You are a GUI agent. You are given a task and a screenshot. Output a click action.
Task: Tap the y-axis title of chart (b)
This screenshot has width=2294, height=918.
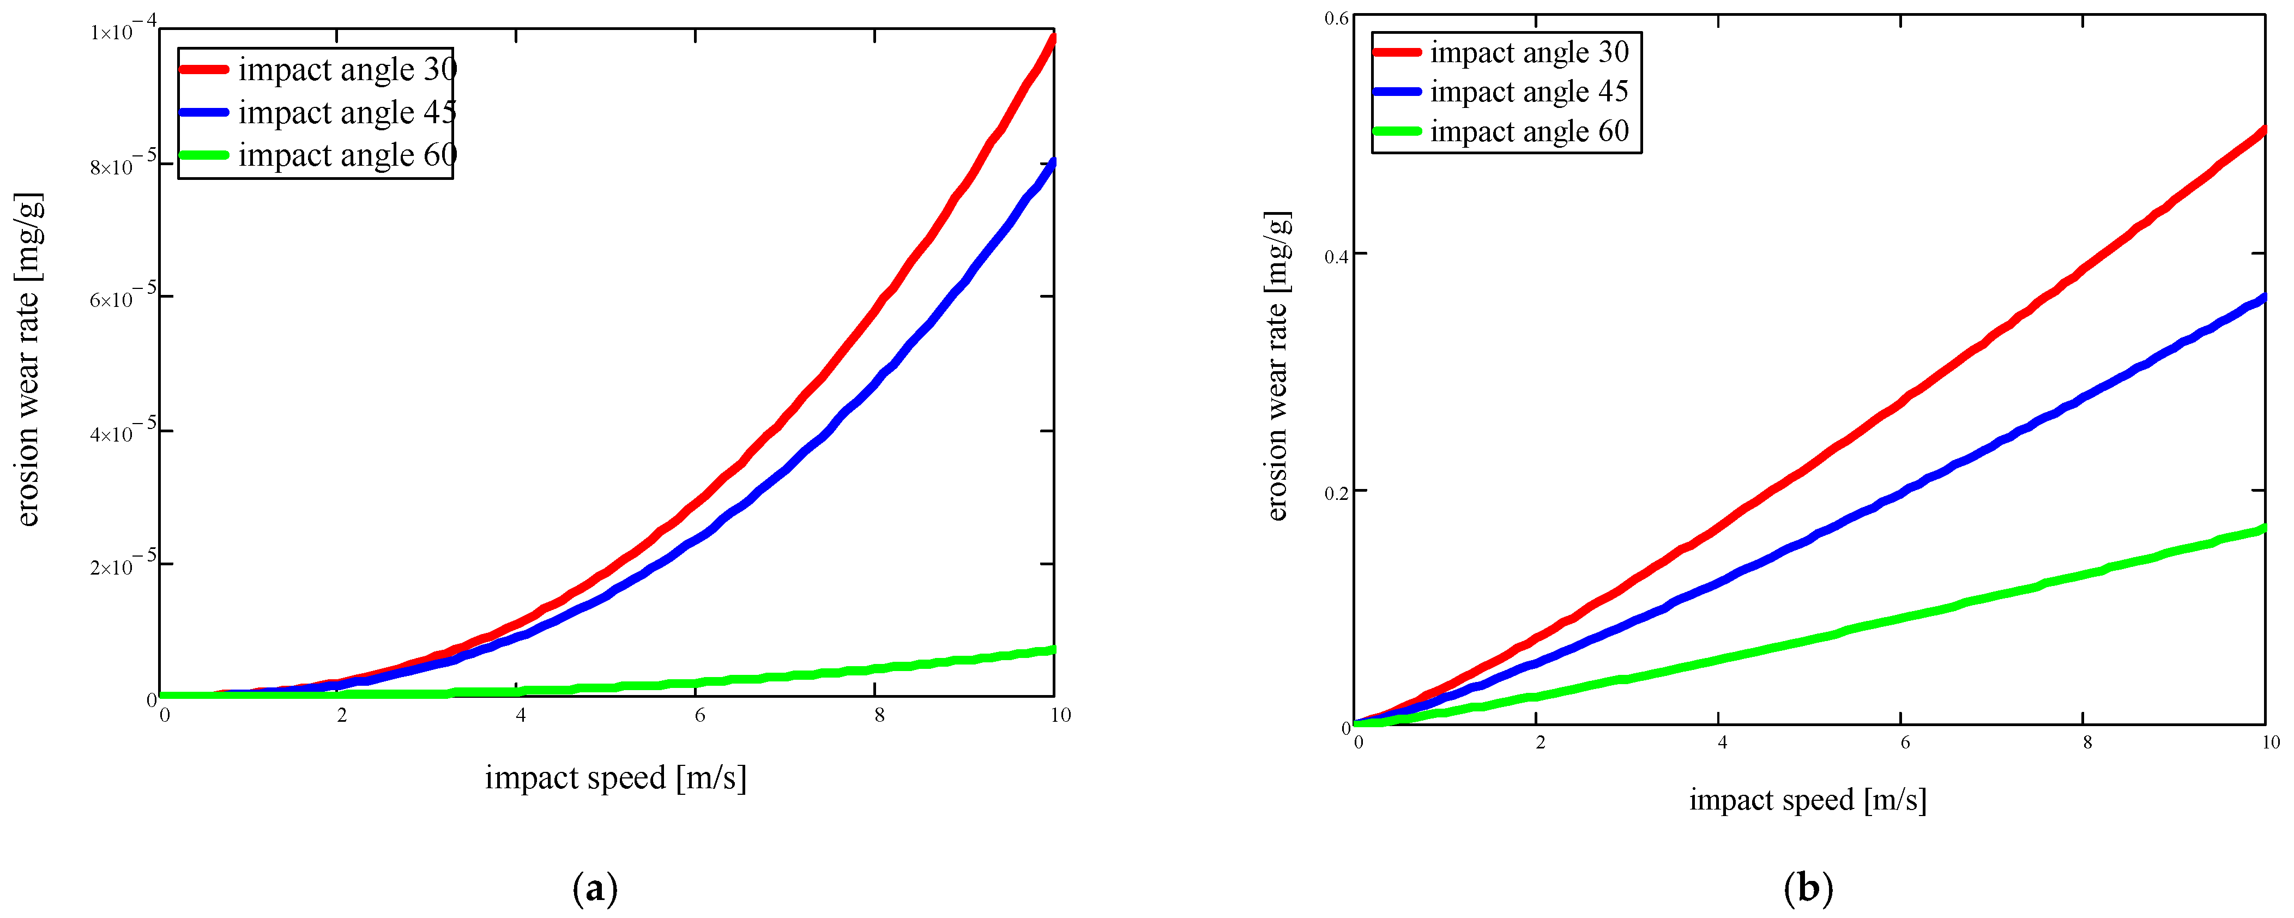1278,366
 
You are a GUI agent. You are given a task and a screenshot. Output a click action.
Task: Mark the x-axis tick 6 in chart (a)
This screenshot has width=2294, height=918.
700,715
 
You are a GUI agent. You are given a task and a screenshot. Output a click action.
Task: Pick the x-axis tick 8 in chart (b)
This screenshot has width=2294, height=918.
2086,742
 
